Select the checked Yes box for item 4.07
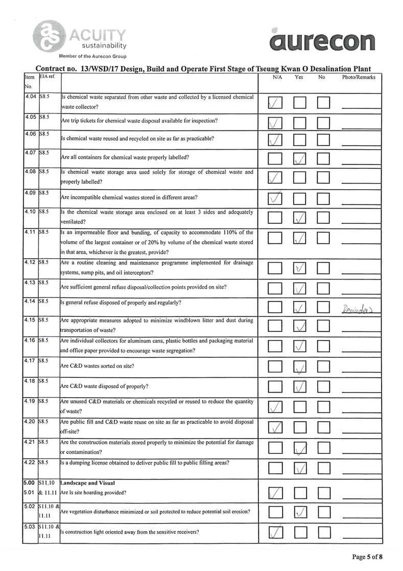click(x=300, y=159)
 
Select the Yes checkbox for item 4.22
click(x=300, y=468)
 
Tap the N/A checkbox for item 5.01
click(x=275, y=493)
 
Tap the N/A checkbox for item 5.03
click(x=275, y=533)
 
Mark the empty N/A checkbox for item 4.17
click(x=275, y=368)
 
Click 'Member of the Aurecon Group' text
click(x=92, y=56)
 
